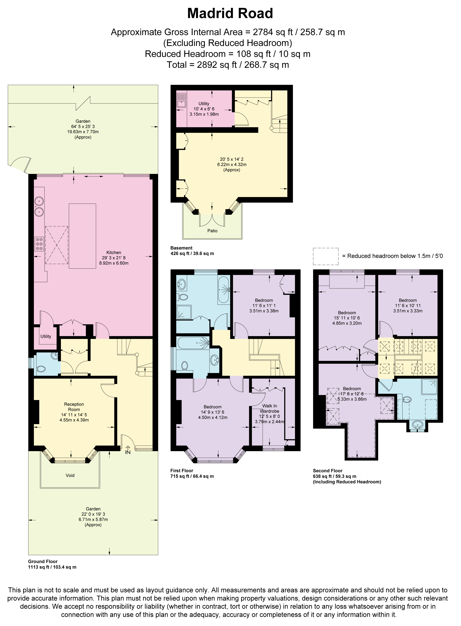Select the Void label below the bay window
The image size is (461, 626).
pyautogui.click(x=70, y=475)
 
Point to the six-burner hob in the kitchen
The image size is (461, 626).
pyautogui.click(x=39, y=244)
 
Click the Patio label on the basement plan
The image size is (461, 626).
pyautogui.click(x=212, y=231)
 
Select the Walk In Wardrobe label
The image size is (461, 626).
pyautogui.click(x=269, y=408)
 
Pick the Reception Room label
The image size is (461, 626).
pyautogui.click(x=74, y=407)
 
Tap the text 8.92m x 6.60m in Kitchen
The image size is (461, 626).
pyautogui.click(x=114, y=263)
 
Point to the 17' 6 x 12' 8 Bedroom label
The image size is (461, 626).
pyautogui.click(x=352, y=394)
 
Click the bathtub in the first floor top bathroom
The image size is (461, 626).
pyautogui.click(x=223, y=290)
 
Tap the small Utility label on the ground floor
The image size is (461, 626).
pyautogui.click(x=46, y=336)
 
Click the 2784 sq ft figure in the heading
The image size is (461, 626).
pyautogui.click(x=273, y=32)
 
